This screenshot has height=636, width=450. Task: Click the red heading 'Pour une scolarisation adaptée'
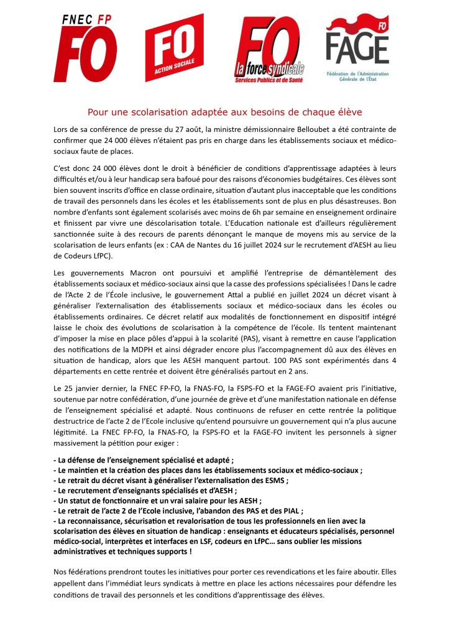(x=224, y=112)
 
